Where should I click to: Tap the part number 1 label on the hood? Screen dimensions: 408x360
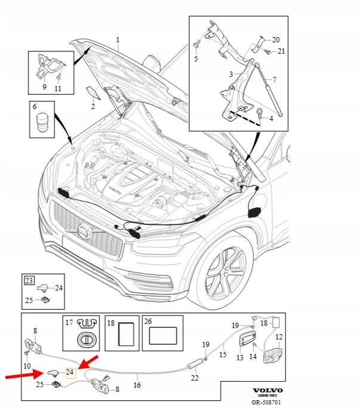pyautogui.click(x=118, y=41)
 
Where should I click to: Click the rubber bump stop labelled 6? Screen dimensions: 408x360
pyautogui.click(x=42, y=125)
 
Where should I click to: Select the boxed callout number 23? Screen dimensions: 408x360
pyautogui.click(x=29, y=279)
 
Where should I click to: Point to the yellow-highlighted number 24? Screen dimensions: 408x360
pyautogui.click(x=70, y=372)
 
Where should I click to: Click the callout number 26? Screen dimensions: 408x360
pyautogui.click(x=148, y=321)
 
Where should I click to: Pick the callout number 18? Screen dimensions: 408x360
pyautogui.click(x=110, y=322)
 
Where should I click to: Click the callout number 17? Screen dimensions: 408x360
pyautogui.click(x=69, y=322)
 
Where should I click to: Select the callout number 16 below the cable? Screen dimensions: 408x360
pyautogui.click(x=137, y=385)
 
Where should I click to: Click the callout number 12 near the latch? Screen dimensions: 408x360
pyautogui.click(x=279, y=337)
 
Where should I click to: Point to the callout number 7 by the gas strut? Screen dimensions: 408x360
pyautogui.click(x=274, y=79)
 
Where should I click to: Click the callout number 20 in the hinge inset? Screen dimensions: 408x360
pyautogui.click(x=276, y=40)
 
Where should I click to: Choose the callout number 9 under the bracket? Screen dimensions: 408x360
pyautogui.click(x=44, y=87)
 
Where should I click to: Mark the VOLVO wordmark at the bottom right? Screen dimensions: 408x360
pyautogui.click(x=268, y=390)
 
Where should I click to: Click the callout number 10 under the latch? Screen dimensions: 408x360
pyautogui.click(x=27, y=365)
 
